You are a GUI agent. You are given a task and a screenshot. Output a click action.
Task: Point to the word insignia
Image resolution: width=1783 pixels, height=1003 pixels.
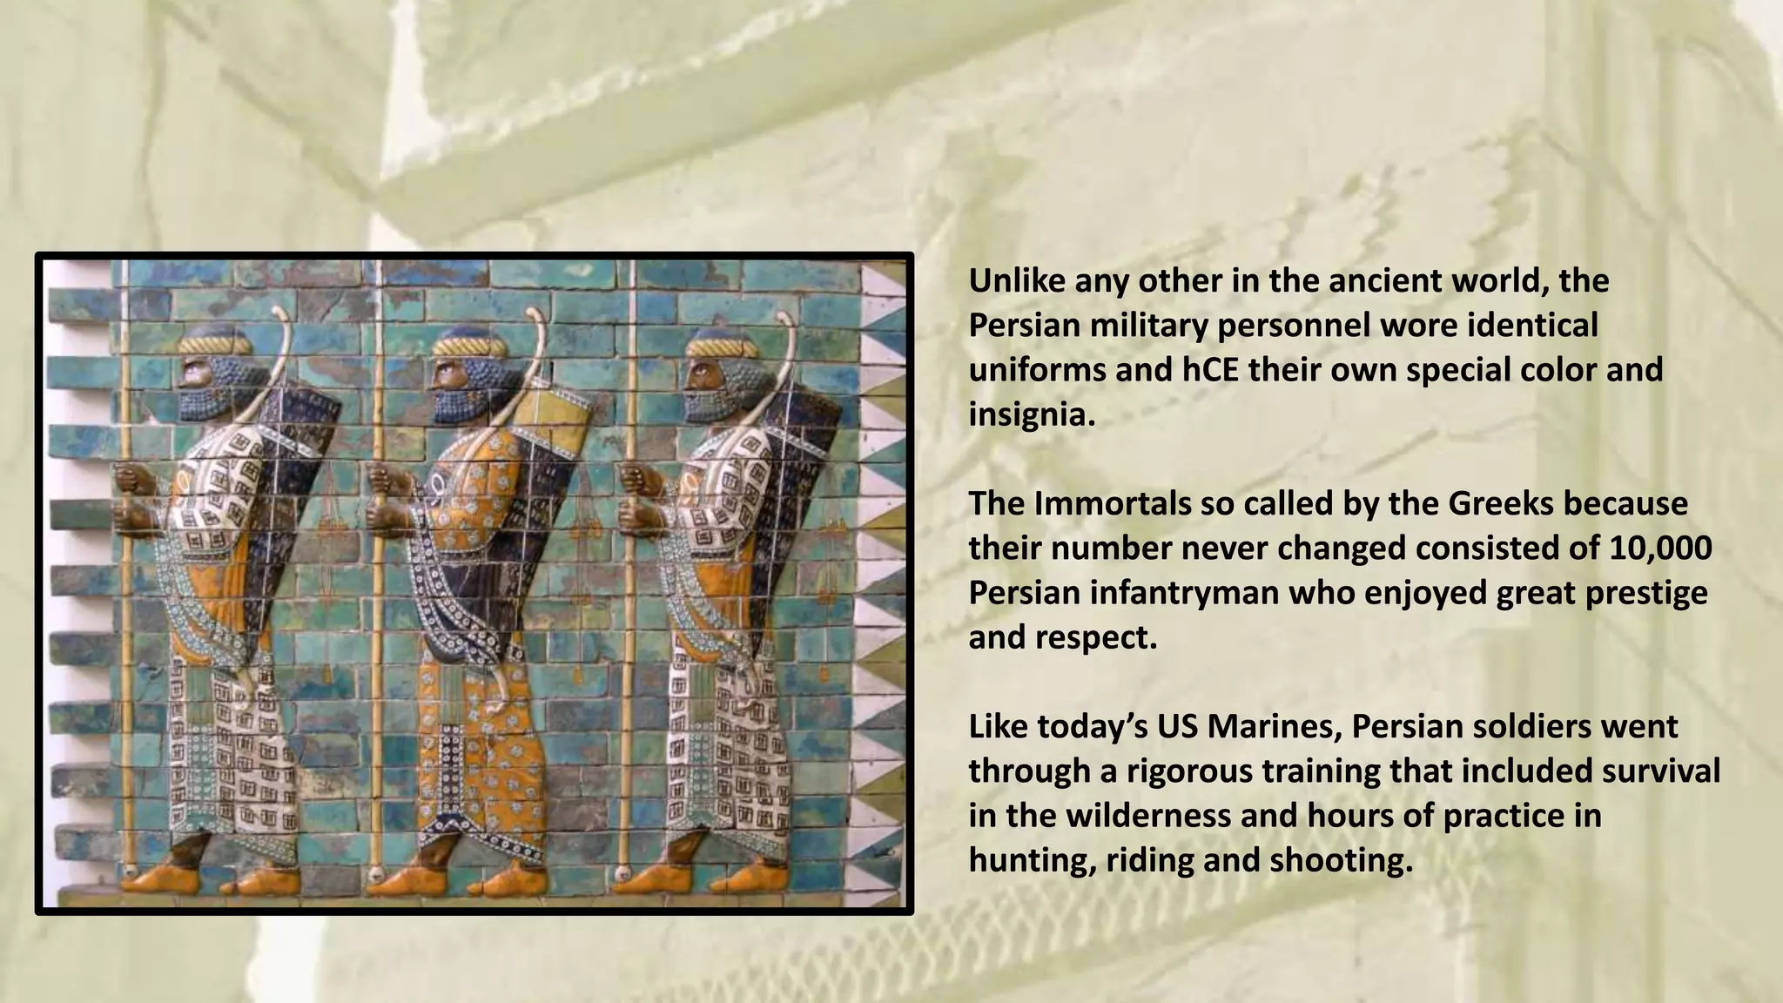(x=1028, y=414)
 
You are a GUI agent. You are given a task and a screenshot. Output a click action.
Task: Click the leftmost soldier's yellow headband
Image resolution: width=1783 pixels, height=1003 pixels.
(x=214, y=347)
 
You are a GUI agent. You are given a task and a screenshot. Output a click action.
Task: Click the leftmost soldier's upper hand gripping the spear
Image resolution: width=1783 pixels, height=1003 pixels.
(x=131, y=478)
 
